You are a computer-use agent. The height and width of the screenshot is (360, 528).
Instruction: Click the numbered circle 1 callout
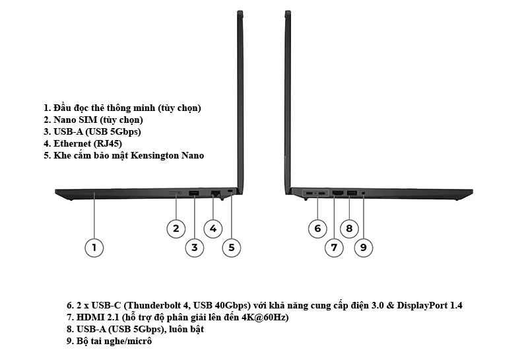click(94, 248)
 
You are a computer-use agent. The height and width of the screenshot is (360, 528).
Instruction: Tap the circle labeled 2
click(175, 229)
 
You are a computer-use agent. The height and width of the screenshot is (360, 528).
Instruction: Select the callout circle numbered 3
click(194, 248)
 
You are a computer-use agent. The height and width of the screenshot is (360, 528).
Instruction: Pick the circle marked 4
click(213, 229)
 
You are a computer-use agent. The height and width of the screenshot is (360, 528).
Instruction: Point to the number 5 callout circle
click(231, 248)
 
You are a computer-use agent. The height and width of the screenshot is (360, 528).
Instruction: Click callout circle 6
click(317, 229)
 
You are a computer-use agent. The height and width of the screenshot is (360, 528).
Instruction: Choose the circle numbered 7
click(334, 248)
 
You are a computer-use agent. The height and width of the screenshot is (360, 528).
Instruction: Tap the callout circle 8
click(349, 229)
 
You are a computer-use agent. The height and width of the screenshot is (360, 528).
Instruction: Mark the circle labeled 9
click(363, 248)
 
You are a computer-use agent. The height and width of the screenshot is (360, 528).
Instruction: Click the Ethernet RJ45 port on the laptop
click(215, 192)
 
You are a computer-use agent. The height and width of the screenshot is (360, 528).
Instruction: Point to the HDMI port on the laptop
click(337, 193)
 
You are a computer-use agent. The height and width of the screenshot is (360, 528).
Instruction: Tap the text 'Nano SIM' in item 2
click(74, 120)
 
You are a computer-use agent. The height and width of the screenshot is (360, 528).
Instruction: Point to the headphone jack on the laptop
click(364, 193)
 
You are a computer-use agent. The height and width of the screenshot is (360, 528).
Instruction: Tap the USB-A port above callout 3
click(194, 192)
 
